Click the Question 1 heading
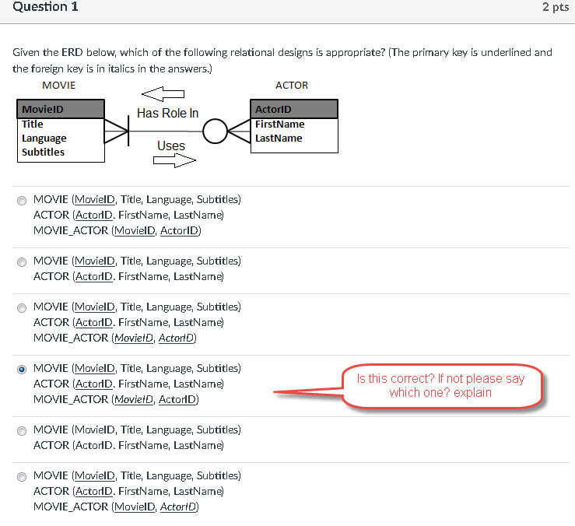[x=45, y=7]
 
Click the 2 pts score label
[x=556, y=7]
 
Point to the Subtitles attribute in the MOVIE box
[x=43, y=153]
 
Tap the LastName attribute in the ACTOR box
[x=279, y=139]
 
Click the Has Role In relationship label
[x=167, y=114]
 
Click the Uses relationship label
[x=171, y=146]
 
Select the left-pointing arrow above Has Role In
[x=163, y=95]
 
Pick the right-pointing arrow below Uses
[x=174, y=160]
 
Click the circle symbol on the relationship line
[x=215, y=131]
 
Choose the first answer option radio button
[x=22, y=201]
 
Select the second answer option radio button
[x=22, y=262]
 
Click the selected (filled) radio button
[x=22, y=370]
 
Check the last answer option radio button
[x=22, y=477]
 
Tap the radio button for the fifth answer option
[x=22, y=431]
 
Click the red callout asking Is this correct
[x=440, y=385]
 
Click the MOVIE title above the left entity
[x=58, y=86]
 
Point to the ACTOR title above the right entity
[x=292, y=86]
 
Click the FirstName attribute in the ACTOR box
[x=279, y=124]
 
